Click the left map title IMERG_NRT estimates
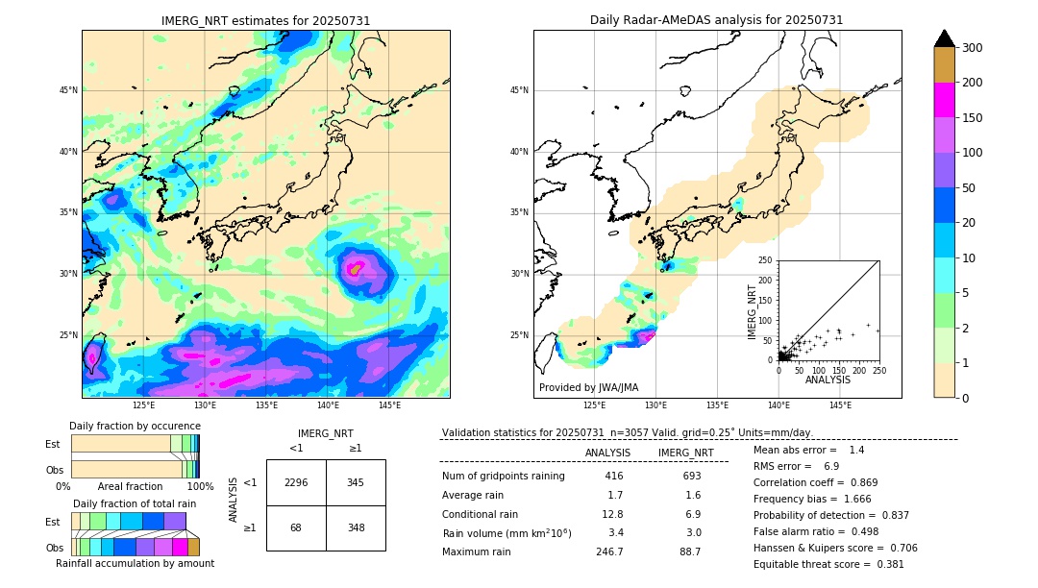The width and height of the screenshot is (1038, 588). coord(265,20)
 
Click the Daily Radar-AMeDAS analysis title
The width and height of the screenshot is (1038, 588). coord(717,20)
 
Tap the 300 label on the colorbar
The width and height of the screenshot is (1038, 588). coord(973,47)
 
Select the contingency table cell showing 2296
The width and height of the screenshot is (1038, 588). coord(296,482)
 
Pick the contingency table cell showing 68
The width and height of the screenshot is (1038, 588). coord(296,527)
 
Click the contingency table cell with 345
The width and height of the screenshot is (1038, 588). coord(356,482)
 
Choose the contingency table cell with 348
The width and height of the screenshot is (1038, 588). coord(356,527)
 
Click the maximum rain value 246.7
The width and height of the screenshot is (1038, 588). coord(609,551)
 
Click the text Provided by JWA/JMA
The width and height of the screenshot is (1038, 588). coord(588,387)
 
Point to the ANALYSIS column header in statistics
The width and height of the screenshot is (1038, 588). coord(607,453)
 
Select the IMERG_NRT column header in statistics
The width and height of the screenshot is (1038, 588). coord(685,453)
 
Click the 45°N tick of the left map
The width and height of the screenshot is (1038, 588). coord(67,90)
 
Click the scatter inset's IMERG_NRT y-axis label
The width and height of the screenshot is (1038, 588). coord(754,309)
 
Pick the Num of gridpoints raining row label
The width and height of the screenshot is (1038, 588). coord(503,476)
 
